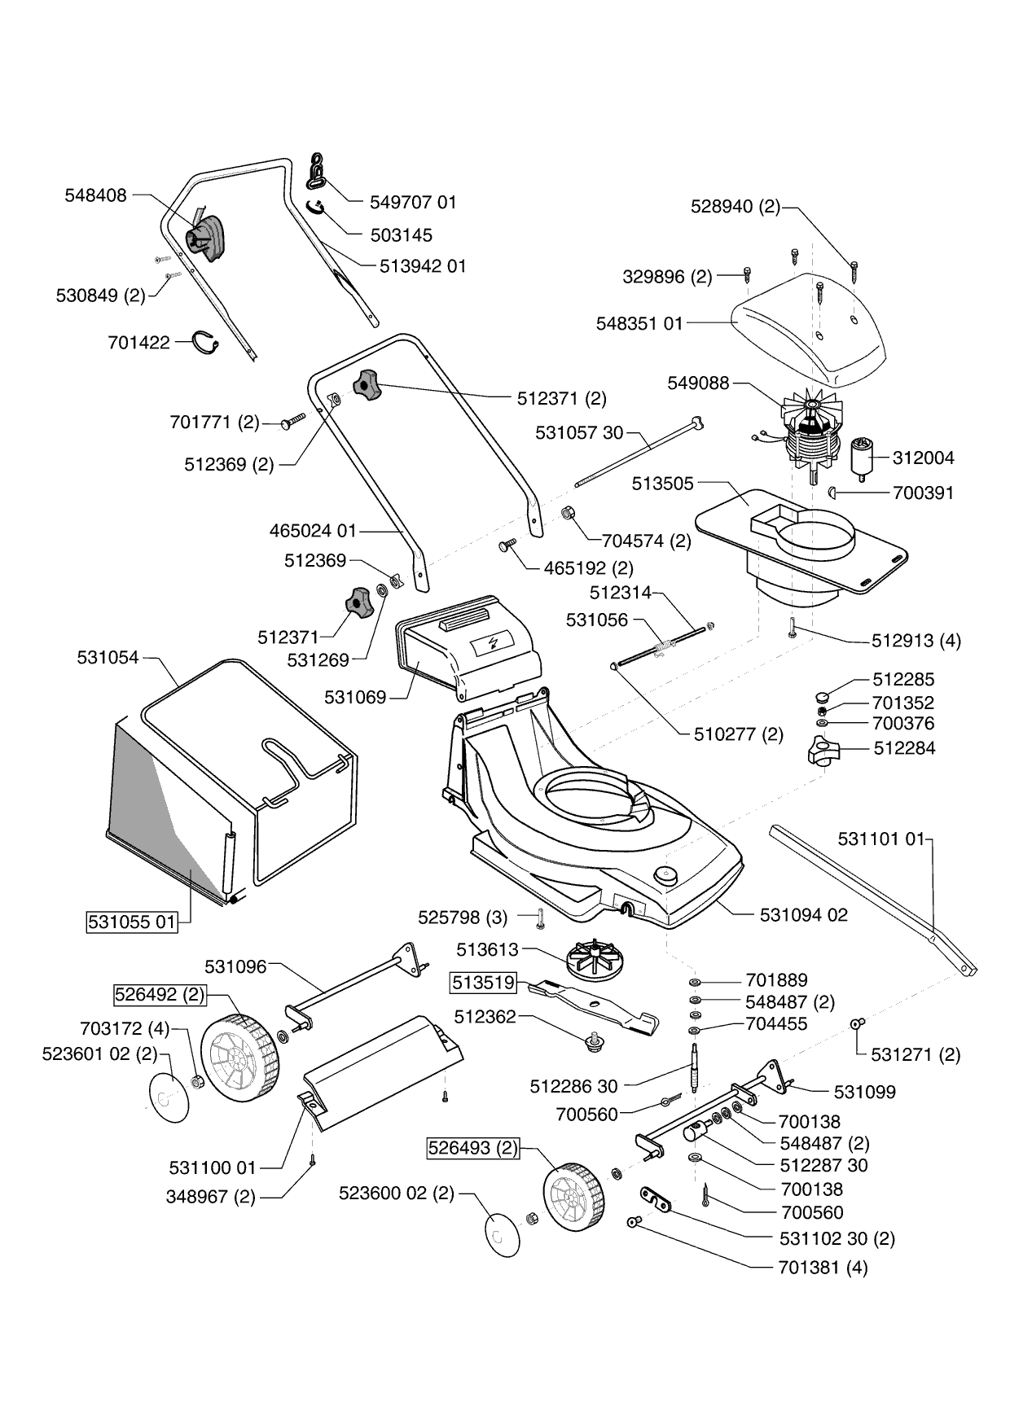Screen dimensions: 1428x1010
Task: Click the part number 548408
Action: pyautogui.click(x=95, y=195)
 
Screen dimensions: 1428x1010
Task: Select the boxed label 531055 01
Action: pyautogui.click(x=132, y=922)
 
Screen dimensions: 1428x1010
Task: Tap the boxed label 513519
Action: pyautogui.click(x=485, y=983)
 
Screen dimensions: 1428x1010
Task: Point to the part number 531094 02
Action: pyautogui.click(x=803, y=915)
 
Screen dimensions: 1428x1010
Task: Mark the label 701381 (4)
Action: pyautogui.click(x=823, y=1268)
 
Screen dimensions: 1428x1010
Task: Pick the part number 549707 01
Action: pyautogui.click(x=413, y=202)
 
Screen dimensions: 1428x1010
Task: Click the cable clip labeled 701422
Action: pyautogui.click(x=206, y=344)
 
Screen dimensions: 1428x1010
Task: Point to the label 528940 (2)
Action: pyautogui.click(x=735, y=207)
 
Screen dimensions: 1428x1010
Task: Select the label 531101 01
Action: pyautogui.click(x=881, y=839)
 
